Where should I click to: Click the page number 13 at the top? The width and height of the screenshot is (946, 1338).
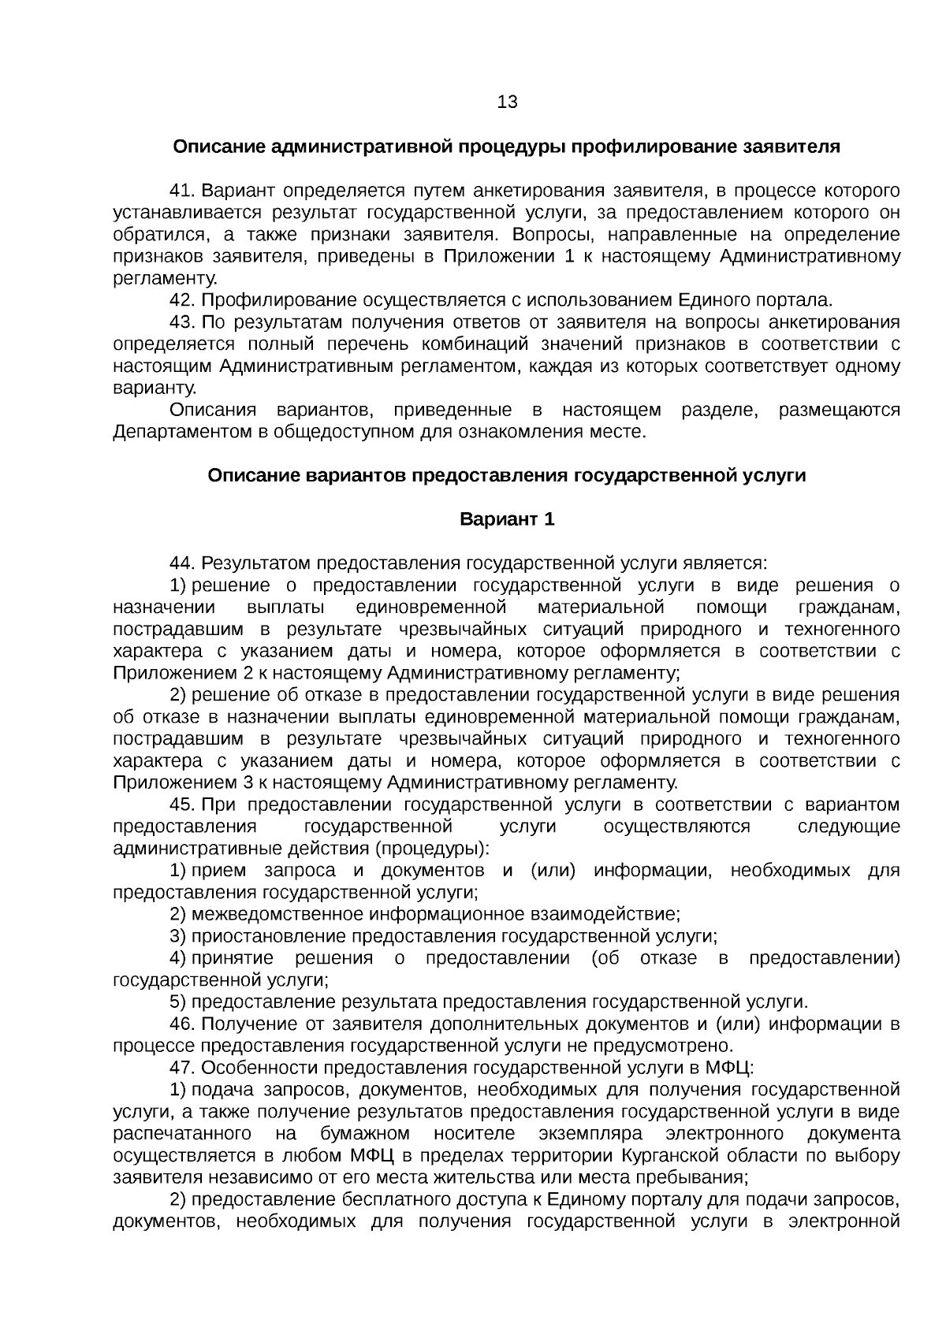coord(508,102)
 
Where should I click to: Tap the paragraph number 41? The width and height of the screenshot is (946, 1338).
coord(182,191)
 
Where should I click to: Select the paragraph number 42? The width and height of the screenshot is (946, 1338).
coord(182,300)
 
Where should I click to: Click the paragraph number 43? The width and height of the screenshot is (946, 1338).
coord(182,322)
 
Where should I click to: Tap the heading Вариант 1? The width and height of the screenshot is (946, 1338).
coord(507,519)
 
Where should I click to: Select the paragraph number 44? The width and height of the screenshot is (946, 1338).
coord(182,563)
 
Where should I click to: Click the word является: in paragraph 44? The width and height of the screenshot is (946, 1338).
coord(726,563)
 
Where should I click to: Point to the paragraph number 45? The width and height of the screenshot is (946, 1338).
coord(182,805)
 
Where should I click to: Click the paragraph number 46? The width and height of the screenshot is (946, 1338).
coord(182,1024)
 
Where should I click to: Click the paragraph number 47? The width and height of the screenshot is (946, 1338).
coord(182,1068)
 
